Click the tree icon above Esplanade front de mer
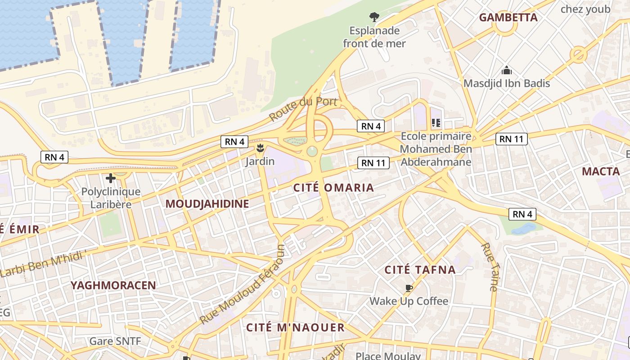coord(374,18)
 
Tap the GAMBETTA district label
coord(508,18)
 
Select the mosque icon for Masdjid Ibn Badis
coord(507,71)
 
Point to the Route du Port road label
coord(303,108)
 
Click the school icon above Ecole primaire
coord(436,122)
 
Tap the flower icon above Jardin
coord(260,148)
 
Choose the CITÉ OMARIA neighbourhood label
coord(333,188)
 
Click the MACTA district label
coord(601,171)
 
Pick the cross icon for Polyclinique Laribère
coord(110,178)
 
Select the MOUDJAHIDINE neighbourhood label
coord(207,204)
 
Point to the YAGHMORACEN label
coord(113,285)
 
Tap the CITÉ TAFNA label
coord(420,270)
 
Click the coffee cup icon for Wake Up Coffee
coord(409,288)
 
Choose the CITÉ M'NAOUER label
coord(295,328)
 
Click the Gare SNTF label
coord(115,341)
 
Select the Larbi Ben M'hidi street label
coord(43,264)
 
